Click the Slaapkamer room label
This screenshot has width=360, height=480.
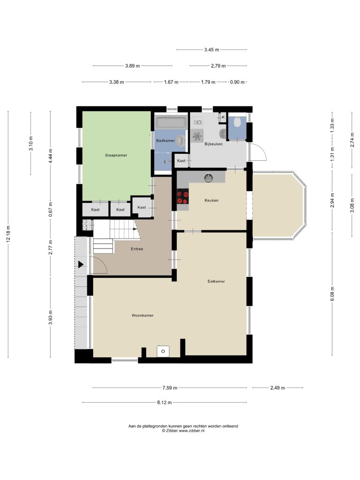coord(116,155)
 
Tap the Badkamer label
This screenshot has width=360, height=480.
coord(165,141)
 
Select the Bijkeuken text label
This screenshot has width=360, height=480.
coord(214,143)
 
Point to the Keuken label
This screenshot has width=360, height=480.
coord(211,200)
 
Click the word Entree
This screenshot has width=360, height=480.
coord(137,249)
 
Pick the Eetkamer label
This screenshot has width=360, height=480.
coord(216,281)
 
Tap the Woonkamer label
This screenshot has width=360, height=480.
coord(142,315)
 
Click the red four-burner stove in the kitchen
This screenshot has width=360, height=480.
coord(183,196)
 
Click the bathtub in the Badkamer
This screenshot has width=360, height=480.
coord(171,122)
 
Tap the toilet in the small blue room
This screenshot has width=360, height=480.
coord(237,123)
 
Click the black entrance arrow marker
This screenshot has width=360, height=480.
coord(81,264)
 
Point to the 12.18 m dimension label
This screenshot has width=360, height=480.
coord(8,234)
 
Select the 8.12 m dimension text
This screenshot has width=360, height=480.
coord(165,402)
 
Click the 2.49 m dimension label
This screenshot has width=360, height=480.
coord(277,388)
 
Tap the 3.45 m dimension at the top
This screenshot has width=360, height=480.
coord(211,50)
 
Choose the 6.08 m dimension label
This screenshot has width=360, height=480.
coord(332,294)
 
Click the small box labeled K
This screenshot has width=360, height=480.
coord(223,117)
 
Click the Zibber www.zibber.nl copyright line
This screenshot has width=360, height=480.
coord(183,430)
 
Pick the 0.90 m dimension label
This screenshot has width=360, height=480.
coord(237,82)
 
